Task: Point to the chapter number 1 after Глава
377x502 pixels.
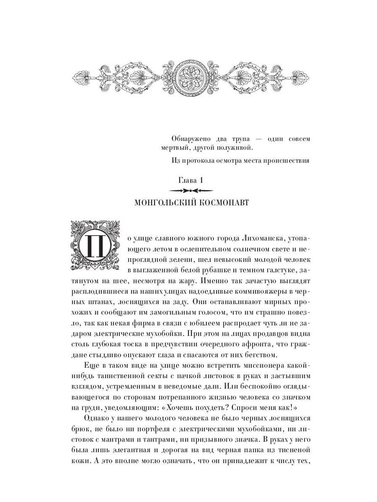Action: [201, 180]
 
